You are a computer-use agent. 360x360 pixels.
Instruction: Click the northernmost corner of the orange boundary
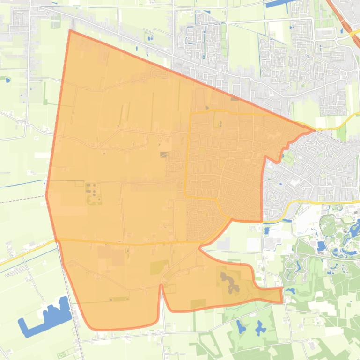click(x=70, y=30)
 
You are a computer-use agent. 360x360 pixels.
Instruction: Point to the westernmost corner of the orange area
click(x=46, y=195)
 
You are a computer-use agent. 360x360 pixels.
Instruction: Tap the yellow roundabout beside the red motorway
click(x=352, y=34)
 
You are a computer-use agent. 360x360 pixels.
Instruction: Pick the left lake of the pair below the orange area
click(x=241, y=327)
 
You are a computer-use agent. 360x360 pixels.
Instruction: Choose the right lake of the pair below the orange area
click(x=260, y=329)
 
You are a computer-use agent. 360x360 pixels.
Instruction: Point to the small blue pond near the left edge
click(x=8, y=80)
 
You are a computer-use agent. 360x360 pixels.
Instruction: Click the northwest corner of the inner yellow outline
click(x=190, y=114)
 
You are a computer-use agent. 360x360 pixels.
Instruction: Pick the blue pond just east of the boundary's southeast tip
click(x=290, y=291)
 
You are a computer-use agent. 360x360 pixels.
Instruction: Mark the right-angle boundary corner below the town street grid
click(x=261, y=221)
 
